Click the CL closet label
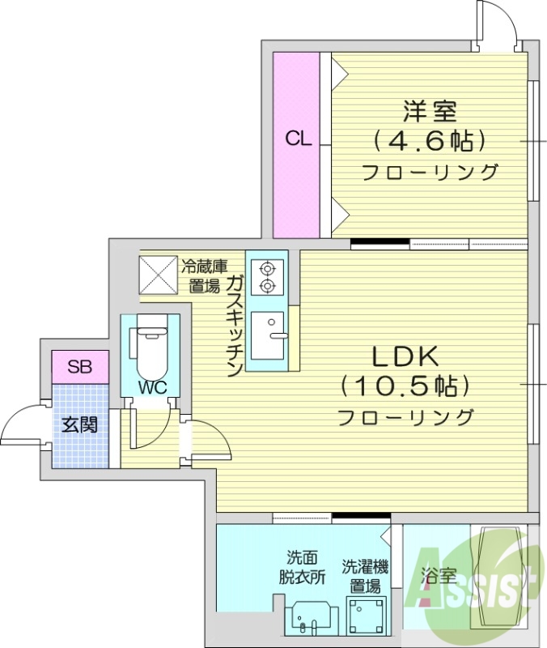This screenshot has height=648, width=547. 298,139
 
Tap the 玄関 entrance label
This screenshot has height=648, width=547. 79,424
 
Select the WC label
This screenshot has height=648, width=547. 151,387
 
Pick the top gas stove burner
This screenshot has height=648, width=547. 266,267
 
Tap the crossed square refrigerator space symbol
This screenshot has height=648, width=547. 158,275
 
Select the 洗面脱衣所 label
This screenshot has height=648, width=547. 302,567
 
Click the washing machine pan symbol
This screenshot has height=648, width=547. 366,616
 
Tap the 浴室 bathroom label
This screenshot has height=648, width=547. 439,576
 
